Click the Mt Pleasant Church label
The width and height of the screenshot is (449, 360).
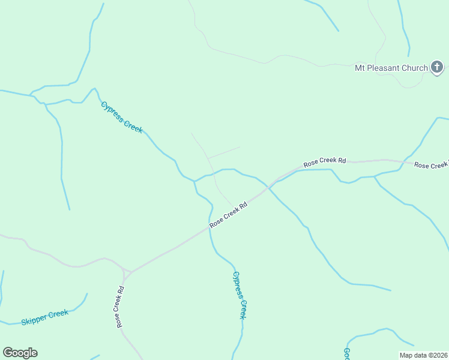pos(391,68)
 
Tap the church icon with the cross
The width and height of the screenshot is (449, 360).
pos(437,67)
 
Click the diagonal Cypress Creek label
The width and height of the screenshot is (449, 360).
pos(122,117)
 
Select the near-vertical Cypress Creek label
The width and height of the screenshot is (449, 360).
pos(240,295)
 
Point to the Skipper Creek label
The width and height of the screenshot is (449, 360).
pos(44,317)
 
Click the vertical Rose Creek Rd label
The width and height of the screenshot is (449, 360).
pos(120,307)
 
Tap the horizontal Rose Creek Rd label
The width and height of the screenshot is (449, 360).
pos(325,162)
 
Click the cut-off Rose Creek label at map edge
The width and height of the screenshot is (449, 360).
pos(432,165)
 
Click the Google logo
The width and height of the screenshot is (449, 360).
pos(20,353)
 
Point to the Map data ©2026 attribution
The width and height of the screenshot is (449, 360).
pos(423,355)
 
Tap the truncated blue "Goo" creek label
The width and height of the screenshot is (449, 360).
pos(347,353)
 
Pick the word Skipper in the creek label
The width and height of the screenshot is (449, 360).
pos(34,320)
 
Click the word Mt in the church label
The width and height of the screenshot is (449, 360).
pos(360,68)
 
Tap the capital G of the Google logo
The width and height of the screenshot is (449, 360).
pos(8,352)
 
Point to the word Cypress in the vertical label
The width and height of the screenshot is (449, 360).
pos(237,284)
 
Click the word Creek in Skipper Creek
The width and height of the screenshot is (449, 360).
pos(58,314)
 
